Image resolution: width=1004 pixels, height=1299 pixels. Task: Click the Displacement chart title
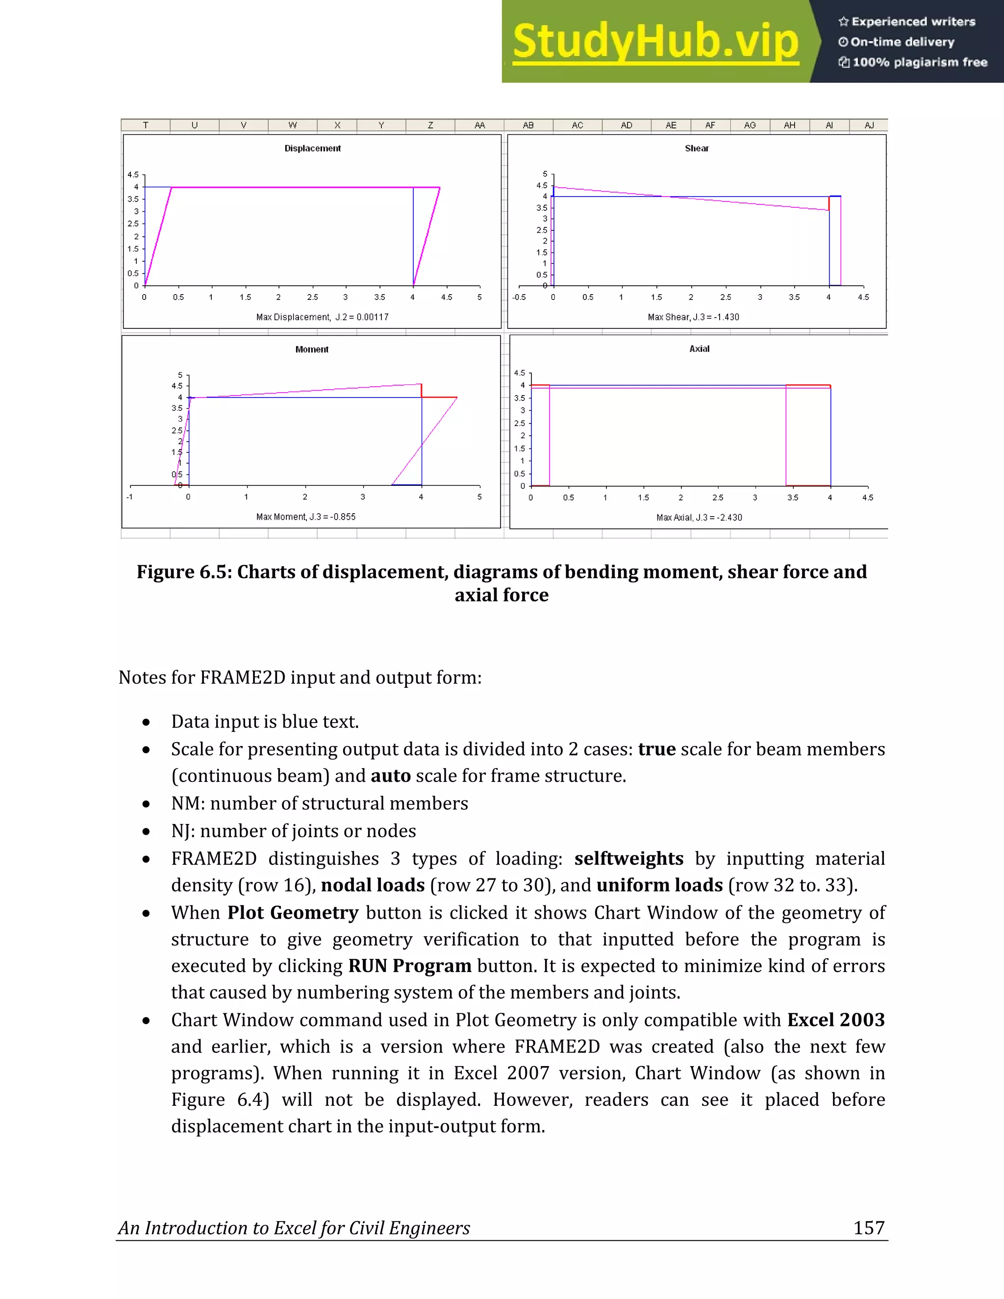click(312, 148)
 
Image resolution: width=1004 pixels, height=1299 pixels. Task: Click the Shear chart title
click(697, 148)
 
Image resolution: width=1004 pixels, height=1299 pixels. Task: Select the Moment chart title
click(312, 349)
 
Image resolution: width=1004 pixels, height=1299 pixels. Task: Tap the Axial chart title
click(700, 349)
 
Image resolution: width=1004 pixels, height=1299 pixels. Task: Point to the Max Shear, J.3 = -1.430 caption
click(694, 317)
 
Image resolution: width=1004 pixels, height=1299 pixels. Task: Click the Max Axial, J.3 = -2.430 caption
click(700, 518)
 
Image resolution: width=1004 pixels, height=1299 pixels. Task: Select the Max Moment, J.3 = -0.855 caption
click(306, 517)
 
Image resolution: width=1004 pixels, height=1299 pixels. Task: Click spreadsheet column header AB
click(528, 125)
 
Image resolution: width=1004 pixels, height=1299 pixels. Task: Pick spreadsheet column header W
click(293, 125)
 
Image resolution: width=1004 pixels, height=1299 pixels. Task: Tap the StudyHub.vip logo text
click(655, 42)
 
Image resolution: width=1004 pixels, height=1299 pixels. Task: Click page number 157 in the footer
click(869, 1227)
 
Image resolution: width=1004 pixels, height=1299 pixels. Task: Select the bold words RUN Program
click(410, 965)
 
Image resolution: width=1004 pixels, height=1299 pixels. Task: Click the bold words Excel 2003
click(836, 1020)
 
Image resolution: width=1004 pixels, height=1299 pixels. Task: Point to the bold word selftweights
click(628, 858)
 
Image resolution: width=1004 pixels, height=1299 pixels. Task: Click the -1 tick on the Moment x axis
click(129, 497)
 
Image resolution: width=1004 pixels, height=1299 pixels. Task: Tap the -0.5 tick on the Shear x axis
click(519, 297)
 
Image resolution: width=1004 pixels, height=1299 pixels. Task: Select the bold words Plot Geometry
click(293, 912)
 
